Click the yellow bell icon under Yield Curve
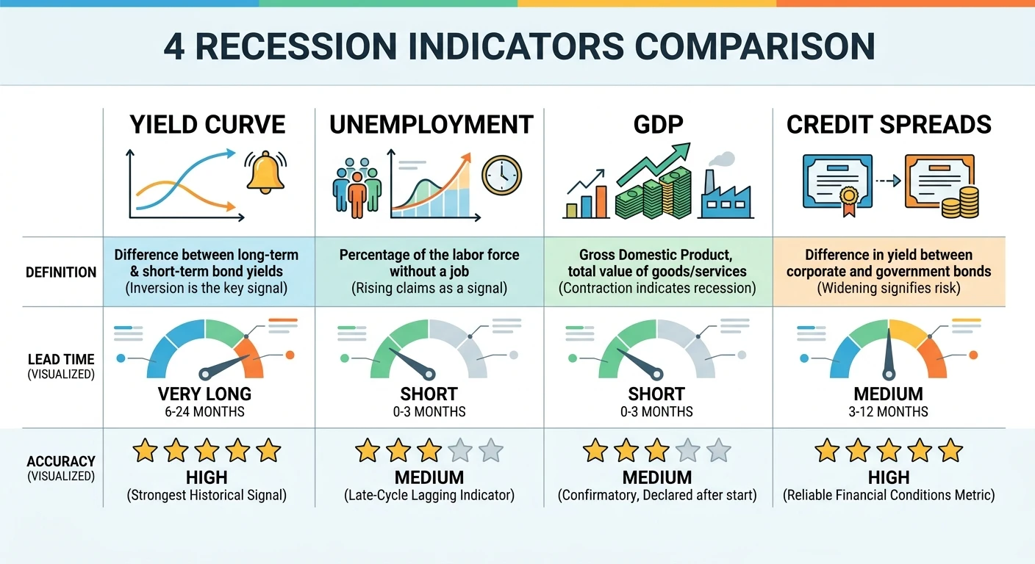[x=265, y=173]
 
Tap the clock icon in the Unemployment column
[x=501, y=177]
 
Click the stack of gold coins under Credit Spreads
[x=960, y=202]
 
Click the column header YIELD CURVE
[x=208, y=125]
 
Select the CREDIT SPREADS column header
[x=889, y=125]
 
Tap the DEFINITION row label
[x=61, y=272]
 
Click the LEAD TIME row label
[x=61, y=359]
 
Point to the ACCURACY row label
[x=61, y=461]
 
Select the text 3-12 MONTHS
[x=889, y=411]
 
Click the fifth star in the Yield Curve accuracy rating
[x=269, y=449]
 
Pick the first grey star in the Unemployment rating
[x=459, y=449]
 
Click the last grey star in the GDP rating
[x=718, y=449]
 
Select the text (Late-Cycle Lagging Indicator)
[x=429, y=495]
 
